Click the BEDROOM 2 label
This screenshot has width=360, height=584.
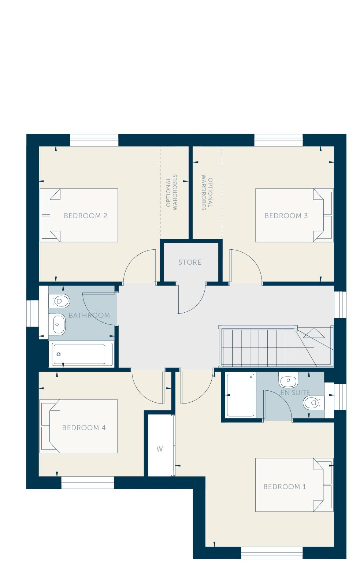pyautogui.click(x=85, y=216)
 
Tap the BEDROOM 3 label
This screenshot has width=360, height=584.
pyautogui.click(x=286, y=216)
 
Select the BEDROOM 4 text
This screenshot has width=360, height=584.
pyautogui.click(x=84, y=428)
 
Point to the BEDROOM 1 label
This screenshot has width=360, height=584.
pyautogui.click(x=285, y=487)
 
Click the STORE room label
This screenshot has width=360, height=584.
pyautogui.click(x=190, y=262)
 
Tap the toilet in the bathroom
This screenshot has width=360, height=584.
pyautogui.click(x=59, y=301)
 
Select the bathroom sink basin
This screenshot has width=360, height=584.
pyautogui.click(x=57, y=324)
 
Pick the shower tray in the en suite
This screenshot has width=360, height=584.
pyautogui.click(x=240, y=395)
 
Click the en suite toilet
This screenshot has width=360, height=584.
pyautogui.click(x=313, y=403)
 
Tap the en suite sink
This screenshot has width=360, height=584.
pyautogui.click(x=288, y=380)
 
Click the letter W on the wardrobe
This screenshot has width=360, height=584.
pyautogui.click(x=160, y=449)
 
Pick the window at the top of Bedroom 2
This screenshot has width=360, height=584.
pyautogui.click(x=94, y=140)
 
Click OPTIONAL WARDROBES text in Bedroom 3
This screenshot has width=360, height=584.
pyautogui.click(x=207, y=192)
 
